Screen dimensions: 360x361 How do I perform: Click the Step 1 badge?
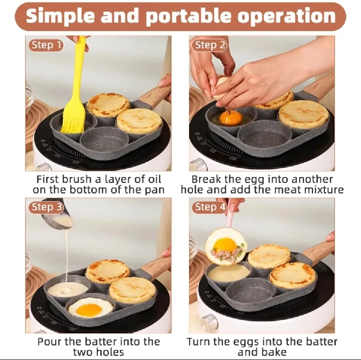point(46,45)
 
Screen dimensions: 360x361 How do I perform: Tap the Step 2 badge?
point(210,45)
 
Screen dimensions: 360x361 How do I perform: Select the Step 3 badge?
point(46,207)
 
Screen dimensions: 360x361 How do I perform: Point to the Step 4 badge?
point(210,207)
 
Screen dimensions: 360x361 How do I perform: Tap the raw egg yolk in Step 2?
point(231,118)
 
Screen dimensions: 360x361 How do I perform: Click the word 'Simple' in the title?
point(60,16)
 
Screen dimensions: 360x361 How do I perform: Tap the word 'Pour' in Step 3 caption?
point(49,342)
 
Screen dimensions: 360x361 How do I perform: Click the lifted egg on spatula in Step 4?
point(226,246)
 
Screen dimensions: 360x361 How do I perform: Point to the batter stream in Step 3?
point(66,256)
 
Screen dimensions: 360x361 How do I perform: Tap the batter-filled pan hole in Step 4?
point(229,273)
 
